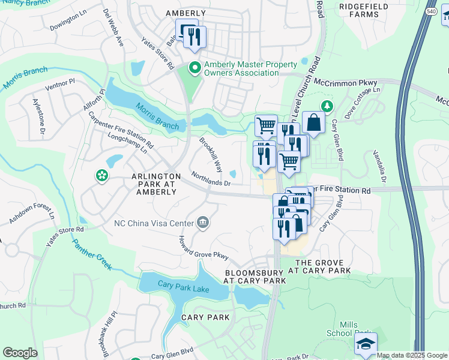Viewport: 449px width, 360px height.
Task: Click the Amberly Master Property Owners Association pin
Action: [194, 68]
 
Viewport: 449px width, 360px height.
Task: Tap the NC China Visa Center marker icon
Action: [203, 223]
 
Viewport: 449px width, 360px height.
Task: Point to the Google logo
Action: [20, 353]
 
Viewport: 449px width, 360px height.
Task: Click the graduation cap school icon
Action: [365, 344]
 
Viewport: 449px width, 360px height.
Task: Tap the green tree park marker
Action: [327, 107]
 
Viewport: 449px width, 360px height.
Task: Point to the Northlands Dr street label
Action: [211, 179]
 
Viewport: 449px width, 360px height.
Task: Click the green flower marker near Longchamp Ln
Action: [101, 176]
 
